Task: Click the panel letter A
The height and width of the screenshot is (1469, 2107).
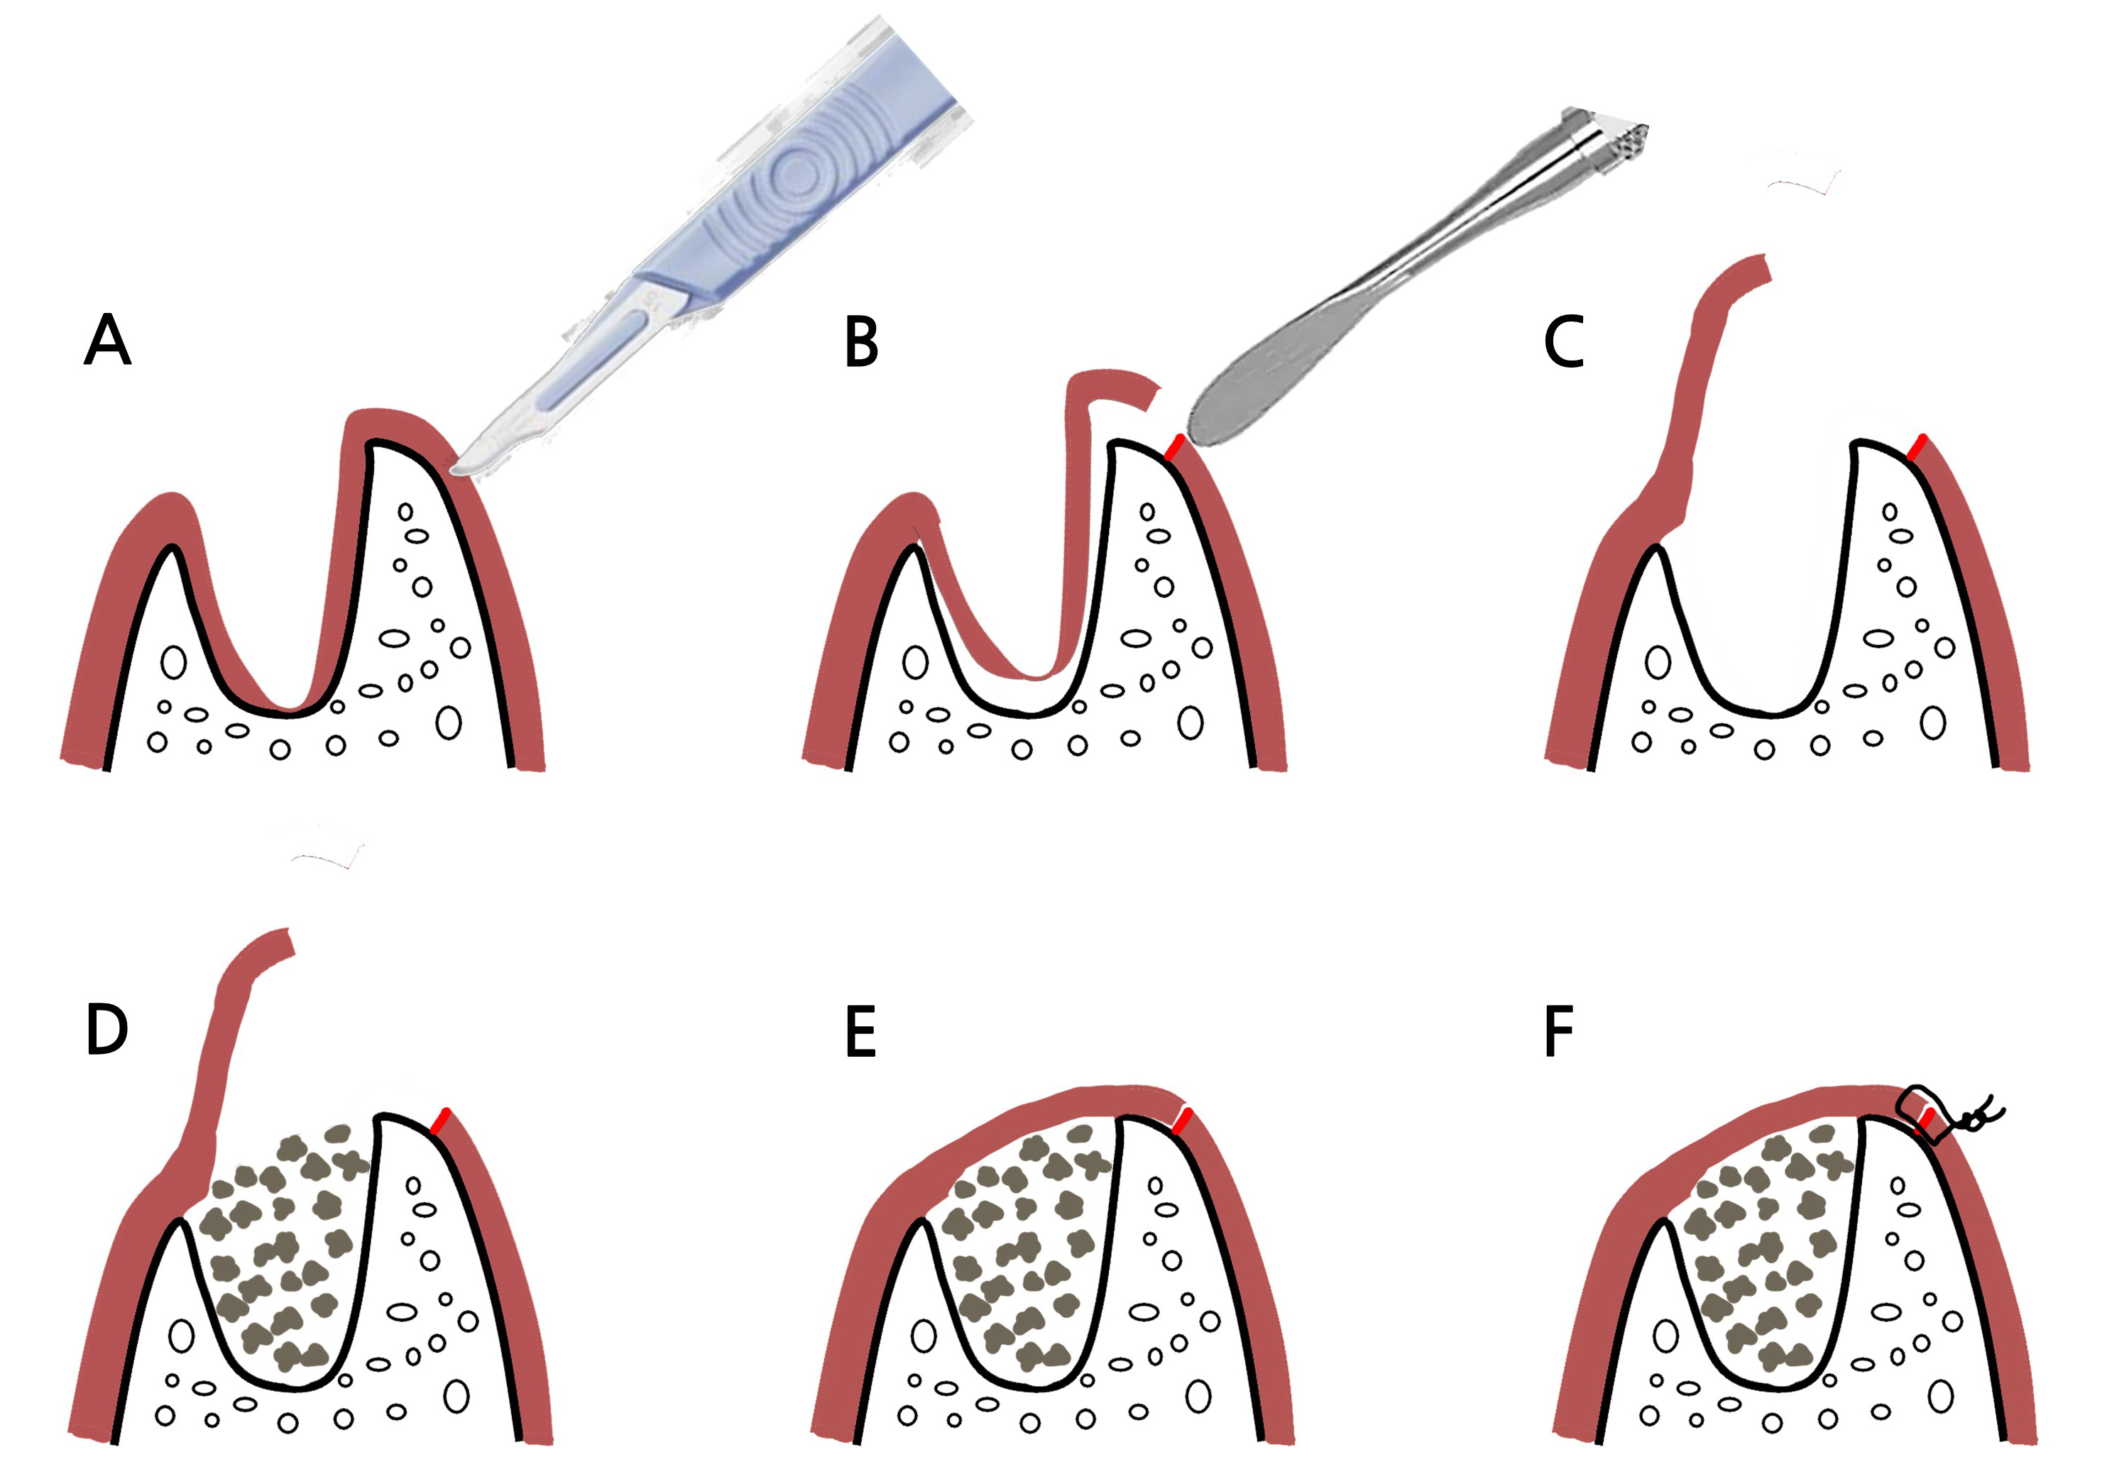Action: click(107, 341)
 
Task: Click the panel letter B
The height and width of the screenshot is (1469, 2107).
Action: click(861, 342)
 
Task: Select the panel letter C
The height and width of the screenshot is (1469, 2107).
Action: click(1564, 342)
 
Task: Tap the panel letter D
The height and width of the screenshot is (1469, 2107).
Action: click(106, 1030)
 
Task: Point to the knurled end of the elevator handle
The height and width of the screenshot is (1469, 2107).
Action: click(1611, 138)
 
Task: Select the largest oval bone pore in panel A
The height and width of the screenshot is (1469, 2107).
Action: click(449, 722)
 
